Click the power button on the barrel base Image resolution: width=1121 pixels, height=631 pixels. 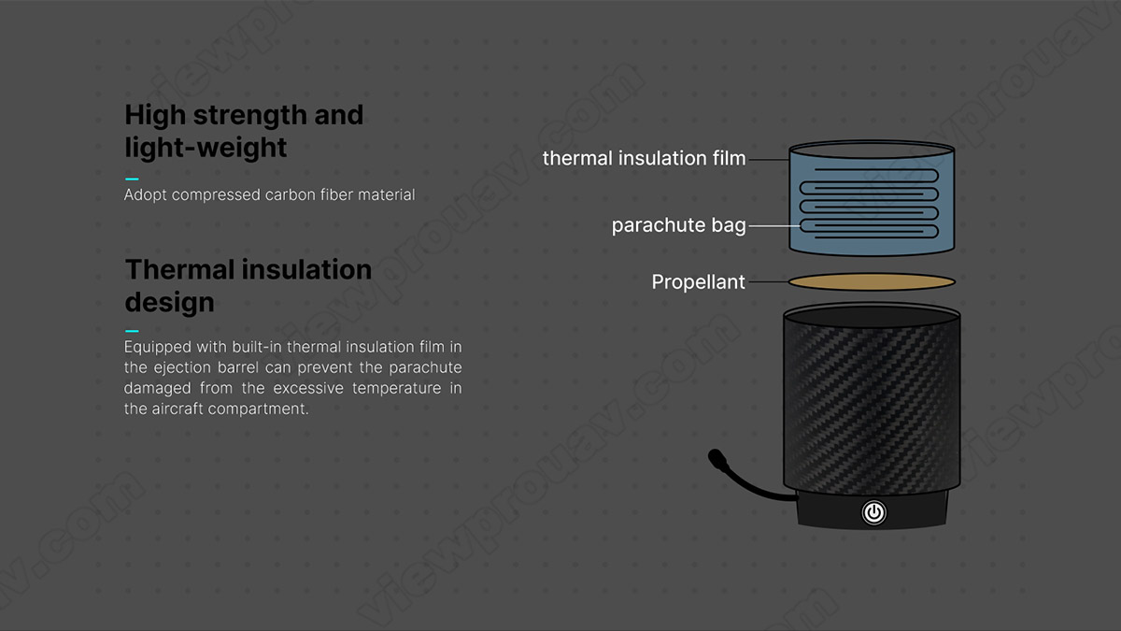873,513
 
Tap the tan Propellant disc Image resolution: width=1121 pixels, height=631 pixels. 872,282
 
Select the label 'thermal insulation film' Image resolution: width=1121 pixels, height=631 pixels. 644,158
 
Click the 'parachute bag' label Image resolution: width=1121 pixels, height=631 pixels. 678,225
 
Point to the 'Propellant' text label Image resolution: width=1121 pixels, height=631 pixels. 698,282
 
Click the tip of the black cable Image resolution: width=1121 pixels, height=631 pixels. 714,456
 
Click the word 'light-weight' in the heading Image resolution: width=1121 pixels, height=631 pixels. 206,148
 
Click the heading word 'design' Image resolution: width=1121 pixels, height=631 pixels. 169,303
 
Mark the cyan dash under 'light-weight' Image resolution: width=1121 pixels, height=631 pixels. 132,179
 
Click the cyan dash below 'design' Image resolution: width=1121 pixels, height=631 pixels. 132,331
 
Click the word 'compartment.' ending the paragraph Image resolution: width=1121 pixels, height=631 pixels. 258,409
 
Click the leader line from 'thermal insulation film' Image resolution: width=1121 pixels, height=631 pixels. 769,160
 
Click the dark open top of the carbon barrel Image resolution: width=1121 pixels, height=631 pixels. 872,318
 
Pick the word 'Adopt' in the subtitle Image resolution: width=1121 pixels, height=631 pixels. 145,194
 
